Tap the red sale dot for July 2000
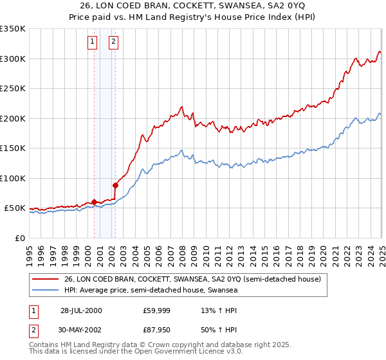coord(94,202)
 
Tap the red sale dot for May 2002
coord(116,185)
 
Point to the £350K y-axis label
coord(13,29)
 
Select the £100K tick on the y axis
coord(13,178)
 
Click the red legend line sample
coord(44,279)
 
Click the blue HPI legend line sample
coord(44,291)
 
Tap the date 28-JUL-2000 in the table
coord(81,310)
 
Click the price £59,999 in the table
coord(156,310)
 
